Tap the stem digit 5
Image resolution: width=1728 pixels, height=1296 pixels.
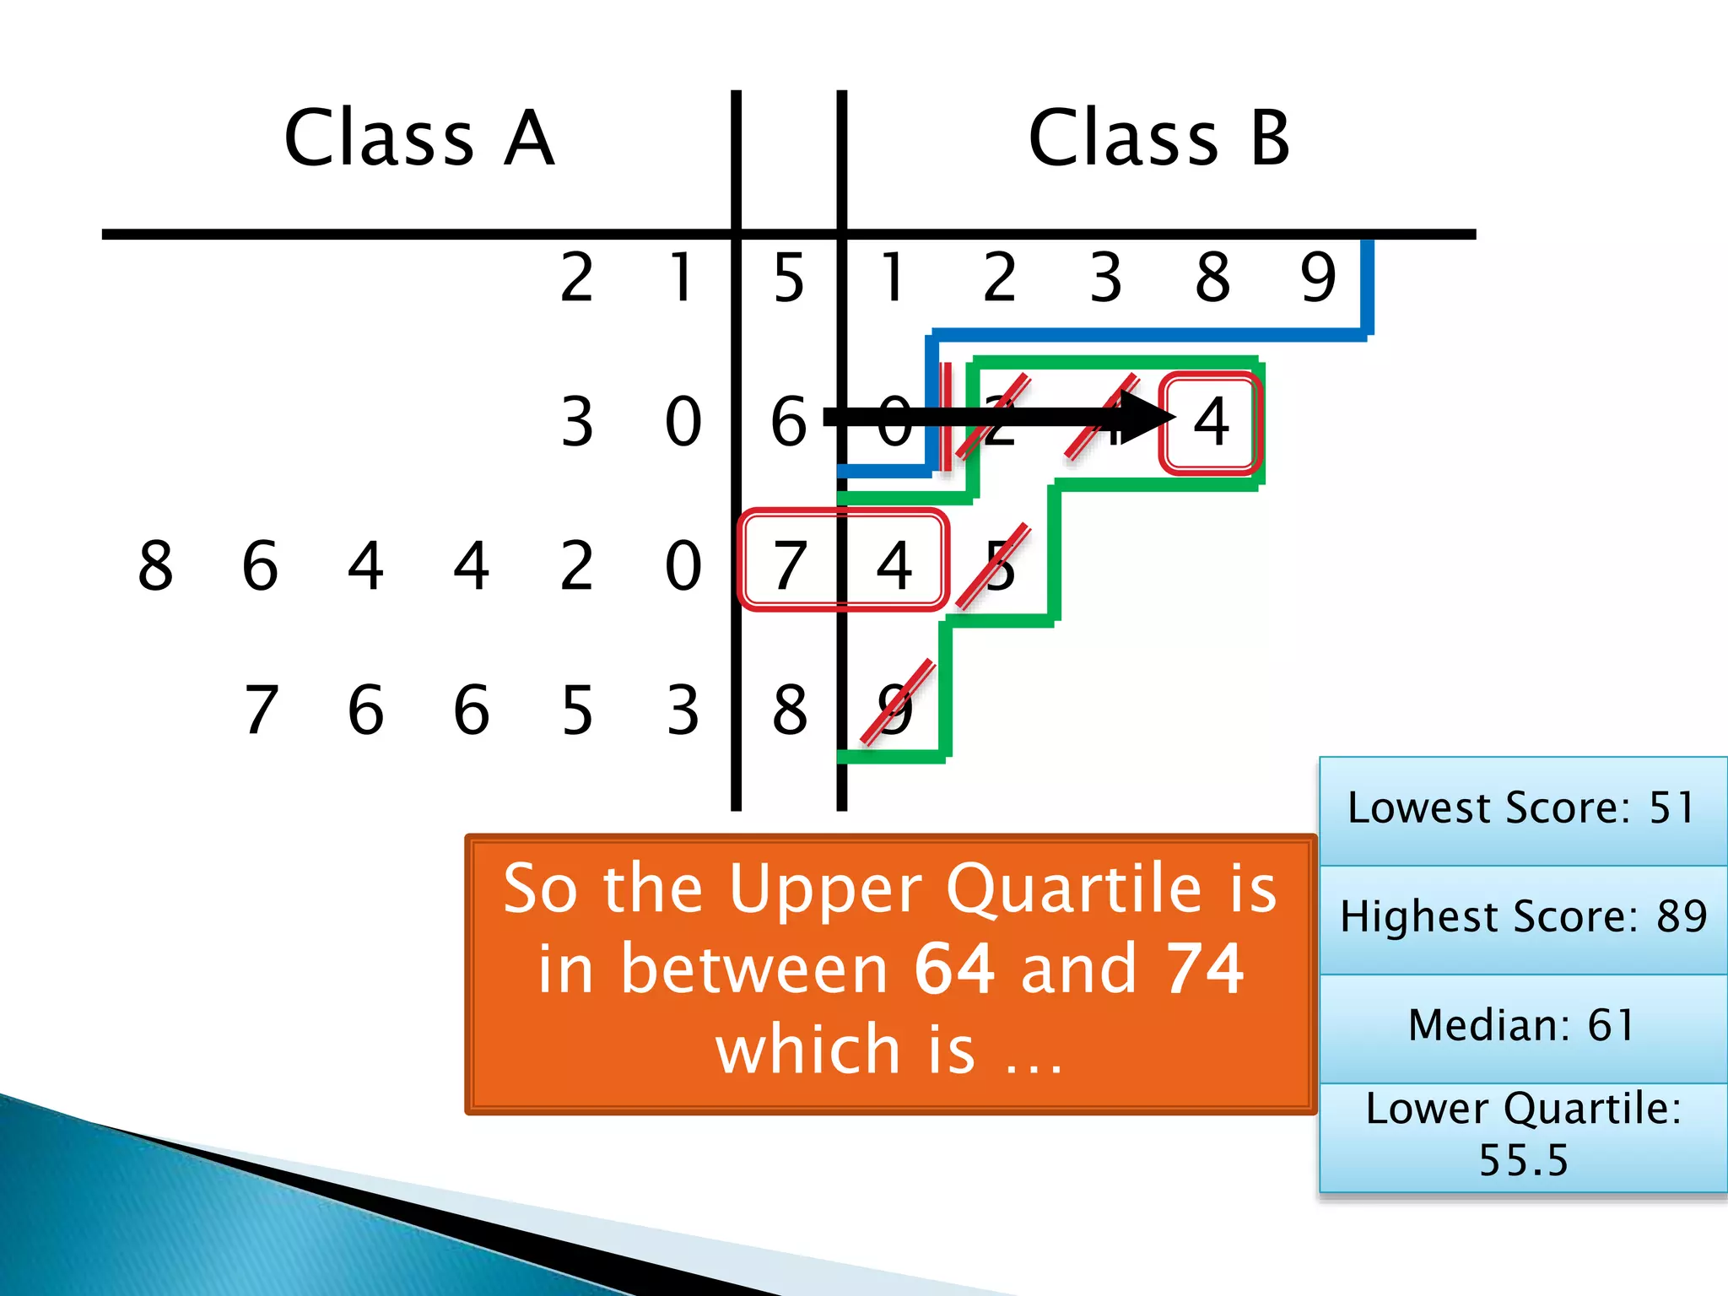tap(789, 278)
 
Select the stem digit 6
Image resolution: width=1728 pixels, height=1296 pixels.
tap(789, 421)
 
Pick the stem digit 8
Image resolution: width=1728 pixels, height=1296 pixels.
tap(790, 710)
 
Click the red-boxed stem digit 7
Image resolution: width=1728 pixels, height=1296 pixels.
tap(790, 564)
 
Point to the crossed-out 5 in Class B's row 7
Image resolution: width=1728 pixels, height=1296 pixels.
tap(999, 564)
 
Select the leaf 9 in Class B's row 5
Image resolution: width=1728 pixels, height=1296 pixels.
tap(1318, 278)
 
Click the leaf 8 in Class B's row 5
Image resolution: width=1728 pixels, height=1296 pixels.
tap(1212, 278)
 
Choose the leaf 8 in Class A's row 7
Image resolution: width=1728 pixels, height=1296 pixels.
tap(155, 564)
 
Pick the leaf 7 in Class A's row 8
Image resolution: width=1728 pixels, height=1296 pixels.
tap(261, 710)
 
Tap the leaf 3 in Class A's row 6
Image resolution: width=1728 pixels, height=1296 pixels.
tap(577, 421)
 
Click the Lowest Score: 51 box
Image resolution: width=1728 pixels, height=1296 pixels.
tap(1522, 808)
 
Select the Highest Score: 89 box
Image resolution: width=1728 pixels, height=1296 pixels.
tap(1522, 917)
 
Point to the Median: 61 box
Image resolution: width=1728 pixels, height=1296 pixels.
tap(1522, 1026)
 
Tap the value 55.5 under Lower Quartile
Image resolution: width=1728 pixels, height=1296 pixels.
tap(1523, 1160)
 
